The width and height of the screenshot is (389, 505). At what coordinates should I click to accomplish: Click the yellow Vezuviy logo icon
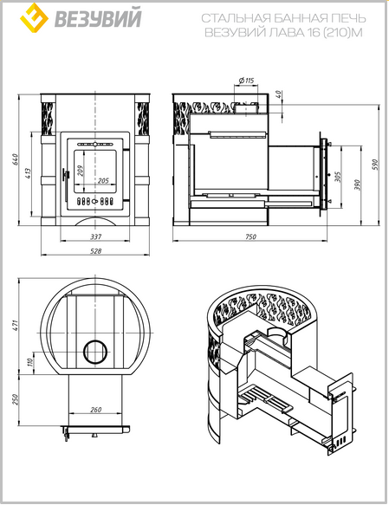pyautogui.click(x=34, y=17)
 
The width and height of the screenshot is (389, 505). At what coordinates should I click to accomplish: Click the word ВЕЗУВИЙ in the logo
pyautogui.click(x=98, y=18)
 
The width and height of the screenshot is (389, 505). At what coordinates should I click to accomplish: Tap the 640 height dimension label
pyautogui.click(x=15, y=159)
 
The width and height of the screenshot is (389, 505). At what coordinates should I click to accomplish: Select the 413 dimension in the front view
pyautogui.click(x=28, y=173)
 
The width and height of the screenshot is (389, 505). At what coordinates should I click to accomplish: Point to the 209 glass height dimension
pyautogui.click(x=81, y=171)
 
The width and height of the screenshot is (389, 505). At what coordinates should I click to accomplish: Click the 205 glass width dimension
pyautogui.click(x=103, y=180)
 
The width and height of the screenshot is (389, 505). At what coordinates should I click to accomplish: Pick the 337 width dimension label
pyautogui.click(x=95, y=236)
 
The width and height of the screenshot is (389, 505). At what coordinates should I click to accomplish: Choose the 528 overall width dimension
pyautogui.click(x=95, y=250)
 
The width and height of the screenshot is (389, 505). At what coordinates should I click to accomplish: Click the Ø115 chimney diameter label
pyautogui.click(x=247, y=81)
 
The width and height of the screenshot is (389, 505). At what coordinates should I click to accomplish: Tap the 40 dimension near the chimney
pyautogui.click(x=279, y=94)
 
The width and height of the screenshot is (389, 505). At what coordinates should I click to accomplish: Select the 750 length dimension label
pyautogui.click(x=250, y=236)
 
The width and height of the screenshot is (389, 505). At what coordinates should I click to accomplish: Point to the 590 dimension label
pyautogui.click(x=375, y=165)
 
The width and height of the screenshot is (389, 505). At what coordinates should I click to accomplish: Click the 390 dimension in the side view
pyautogui.click(x=358, y=185)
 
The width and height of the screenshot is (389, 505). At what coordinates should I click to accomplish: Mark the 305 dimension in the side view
pyautogui.click(x=338, y=177)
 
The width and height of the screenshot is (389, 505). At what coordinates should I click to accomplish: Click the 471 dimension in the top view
pyautogui.click(x=15, y=325)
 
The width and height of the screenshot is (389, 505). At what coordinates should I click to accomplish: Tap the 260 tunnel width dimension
pyautogui.click(x=95, y=410)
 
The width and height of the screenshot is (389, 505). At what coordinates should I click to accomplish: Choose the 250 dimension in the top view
pyautogui.click(x=15, y=399)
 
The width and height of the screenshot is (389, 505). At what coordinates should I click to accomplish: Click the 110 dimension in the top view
pyautogui.click(x=30, y=363)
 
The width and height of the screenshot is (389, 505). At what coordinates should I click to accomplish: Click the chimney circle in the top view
pyautogui.click(x=95, y=340)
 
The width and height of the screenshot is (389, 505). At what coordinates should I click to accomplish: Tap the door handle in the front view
pyautogui.click(x=66, y=176)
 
